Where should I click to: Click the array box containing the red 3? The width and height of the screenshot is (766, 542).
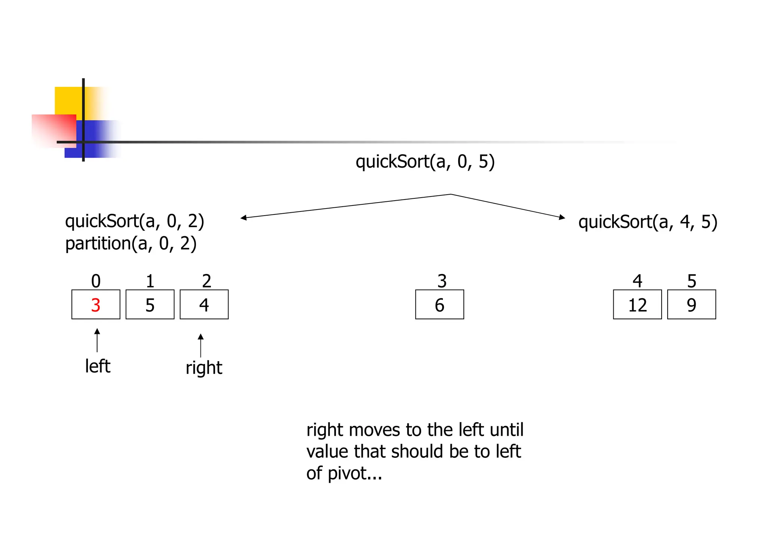click(96, 304)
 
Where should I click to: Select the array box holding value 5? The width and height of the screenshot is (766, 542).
click(150, 304)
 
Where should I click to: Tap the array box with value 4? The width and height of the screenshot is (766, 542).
click(204, 304)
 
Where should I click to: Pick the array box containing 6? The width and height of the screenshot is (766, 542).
click(439, 304)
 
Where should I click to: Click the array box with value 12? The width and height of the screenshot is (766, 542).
click(637, 304)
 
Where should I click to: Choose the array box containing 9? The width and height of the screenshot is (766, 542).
click(692, 304)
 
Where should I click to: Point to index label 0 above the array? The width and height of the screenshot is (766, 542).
click(96, 281)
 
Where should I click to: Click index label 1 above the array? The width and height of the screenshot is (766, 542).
click(150, 281)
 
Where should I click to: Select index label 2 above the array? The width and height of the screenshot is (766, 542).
click(206, 281)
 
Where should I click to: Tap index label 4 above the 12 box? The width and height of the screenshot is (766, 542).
click(637, 281)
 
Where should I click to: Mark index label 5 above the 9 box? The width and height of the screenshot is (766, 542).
click(692, 281)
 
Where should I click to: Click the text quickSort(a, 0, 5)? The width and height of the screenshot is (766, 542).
click(425, 162)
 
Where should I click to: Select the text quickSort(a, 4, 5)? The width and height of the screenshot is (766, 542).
click(647, 222)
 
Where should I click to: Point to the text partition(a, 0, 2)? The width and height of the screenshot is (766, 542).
click(131, 244)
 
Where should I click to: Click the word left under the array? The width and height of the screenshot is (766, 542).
click(98, 366)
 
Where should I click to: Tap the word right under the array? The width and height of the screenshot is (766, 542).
click(204, 368)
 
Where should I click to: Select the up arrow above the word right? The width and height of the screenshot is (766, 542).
click(201, 345)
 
